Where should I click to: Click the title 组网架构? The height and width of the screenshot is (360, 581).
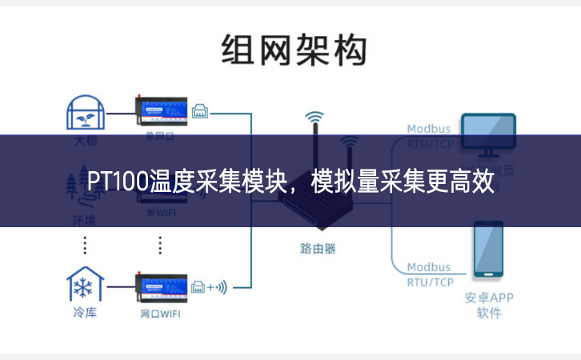click(294, 50)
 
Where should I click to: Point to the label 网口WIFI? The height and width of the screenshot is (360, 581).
click(160, 314)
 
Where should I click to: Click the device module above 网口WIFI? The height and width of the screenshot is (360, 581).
click(160, 286)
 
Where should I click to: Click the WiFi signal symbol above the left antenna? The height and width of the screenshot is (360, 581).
click(315, 117)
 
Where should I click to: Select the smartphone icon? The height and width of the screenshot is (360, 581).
click(488, 251)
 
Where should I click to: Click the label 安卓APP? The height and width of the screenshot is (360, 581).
click(488, 298)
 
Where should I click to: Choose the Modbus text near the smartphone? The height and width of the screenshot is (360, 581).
click(429, 267)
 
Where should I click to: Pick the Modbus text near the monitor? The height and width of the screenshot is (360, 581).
click(429, 128)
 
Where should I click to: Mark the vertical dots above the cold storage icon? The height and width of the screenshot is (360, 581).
click(85, 244)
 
